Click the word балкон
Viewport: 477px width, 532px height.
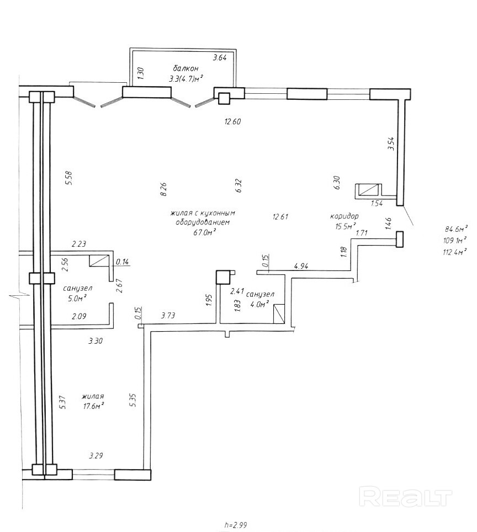click(185, 69)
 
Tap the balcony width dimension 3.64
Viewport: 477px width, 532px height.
click(219, 58)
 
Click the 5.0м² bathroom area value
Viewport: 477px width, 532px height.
click(75, 298)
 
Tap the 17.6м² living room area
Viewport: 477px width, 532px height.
click(92, 406)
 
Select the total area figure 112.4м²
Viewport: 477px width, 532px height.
click(455, 252)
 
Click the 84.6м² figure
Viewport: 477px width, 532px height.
click(456, 228)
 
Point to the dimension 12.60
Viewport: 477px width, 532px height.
click(232, 121)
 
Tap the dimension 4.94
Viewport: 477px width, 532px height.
click(301, 266)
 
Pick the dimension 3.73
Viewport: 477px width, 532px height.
click(168, 316)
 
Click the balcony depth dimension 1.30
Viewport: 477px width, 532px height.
click(141, 73)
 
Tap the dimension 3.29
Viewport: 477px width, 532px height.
click(96, 455)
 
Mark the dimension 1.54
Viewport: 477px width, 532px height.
click(377, 204)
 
